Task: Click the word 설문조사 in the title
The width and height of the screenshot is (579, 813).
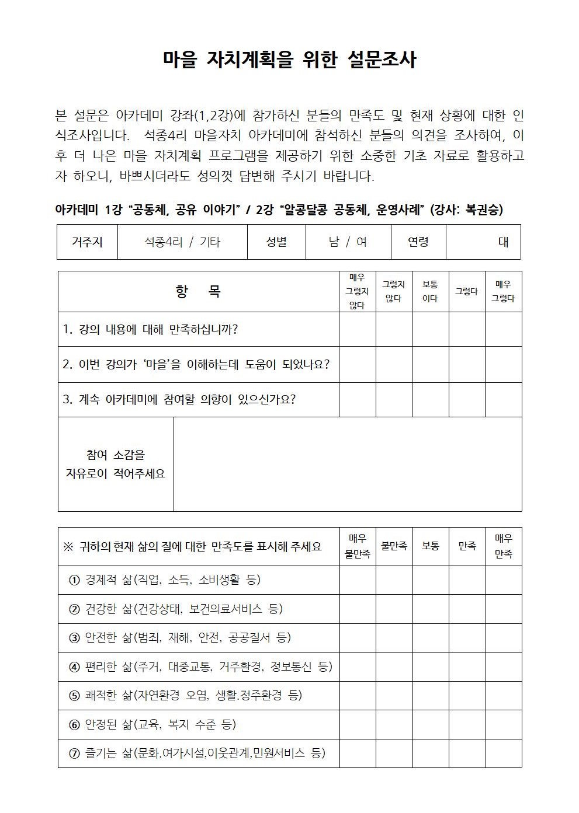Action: click(382, 60)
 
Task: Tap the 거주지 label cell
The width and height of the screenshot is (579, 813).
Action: click(87, 242)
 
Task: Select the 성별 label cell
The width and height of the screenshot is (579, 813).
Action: click(276, 242)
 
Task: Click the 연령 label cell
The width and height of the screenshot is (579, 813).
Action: click(418, 242)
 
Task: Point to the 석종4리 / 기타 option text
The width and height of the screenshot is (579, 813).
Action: click(182, 242)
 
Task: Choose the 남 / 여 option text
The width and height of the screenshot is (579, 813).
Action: click(348, 242)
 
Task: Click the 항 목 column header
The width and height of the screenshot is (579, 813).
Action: click(198, 291)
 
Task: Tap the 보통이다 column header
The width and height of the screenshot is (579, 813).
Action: click(430, 291)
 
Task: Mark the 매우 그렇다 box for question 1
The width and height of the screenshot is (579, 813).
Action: click(503, 329)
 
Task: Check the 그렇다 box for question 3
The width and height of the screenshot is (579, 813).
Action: click(467, 400)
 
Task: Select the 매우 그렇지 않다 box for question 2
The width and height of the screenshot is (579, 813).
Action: click(357, 365)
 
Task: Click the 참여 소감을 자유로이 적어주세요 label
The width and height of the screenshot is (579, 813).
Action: click(116, 464)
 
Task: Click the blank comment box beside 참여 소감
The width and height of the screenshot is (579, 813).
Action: click(347, 464)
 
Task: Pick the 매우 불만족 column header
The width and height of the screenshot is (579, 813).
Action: click(357, 546)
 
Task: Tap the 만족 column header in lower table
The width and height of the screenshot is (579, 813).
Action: click(467, 546)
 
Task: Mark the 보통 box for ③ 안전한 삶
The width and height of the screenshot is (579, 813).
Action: click(430, 638)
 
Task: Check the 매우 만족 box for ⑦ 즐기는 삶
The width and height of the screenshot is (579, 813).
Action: click(503, 753)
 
